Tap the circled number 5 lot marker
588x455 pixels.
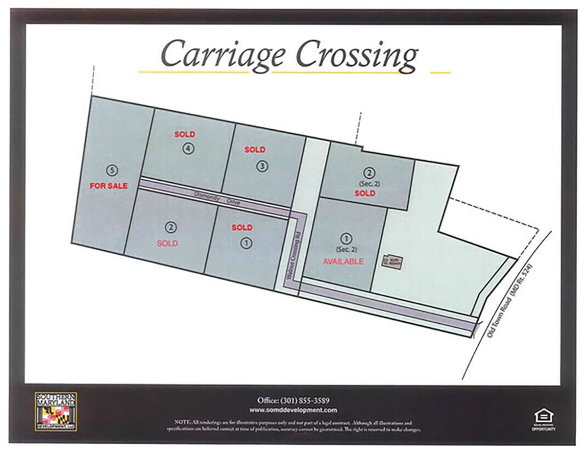113,170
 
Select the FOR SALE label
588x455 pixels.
109,186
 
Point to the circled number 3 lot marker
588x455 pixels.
263,166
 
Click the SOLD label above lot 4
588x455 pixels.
185,134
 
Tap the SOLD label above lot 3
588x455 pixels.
255,150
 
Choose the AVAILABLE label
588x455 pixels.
343,262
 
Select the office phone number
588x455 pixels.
293,400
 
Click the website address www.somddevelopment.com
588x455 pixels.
293,410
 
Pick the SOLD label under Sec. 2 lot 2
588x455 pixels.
365,193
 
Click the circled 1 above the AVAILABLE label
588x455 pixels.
347,239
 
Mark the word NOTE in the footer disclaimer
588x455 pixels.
181,422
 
